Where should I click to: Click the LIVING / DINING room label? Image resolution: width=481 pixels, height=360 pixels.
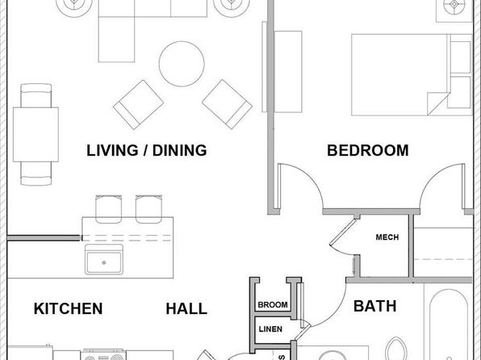(x=147, y=150)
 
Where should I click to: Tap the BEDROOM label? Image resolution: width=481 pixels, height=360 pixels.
(x=368, y=150)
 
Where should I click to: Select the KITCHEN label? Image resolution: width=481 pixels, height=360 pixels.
(x=68, y=308)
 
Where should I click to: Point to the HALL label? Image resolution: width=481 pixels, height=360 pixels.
(x=186, y=309)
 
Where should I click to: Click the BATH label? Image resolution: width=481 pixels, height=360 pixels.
(x=374, y=306)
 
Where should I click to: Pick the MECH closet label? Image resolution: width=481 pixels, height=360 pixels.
(x=387, y=237)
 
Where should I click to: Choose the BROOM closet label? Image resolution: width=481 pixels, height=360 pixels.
(x=273, y=305)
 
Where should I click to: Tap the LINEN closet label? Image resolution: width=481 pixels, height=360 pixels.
(x=270, y=329)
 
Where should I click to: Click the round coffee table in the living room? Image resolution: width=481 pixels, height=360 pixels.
(x=182, y=64)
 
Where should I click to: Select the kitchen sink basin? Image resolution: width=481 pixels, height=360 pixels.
(x=104, y=259)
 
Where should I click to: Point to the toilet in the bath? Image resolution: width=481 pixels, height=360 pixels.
(x=396, y=349)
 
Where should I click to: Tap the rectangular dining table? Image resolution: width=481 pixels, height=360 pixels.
(x=36, y=135)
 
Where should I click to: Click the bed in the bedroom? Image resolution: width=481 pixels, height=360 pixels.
(x=412, y=75)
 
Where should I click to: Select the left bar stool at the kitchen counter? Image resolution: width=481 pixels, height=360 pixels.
(x=109, y=209)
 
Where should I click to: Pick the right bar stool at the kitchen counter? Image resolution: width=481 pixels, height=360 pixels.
(x=148, y=209)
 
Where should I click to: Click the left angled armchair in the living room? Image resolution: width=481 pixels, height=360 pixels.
(x=138, y=105)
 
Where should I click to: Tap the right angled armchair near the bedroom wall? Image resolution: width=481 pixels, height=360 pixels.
(x=227, y=104)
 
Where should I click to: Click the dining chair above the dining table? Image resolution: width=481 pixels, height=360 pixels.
(x=36, y=95)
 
